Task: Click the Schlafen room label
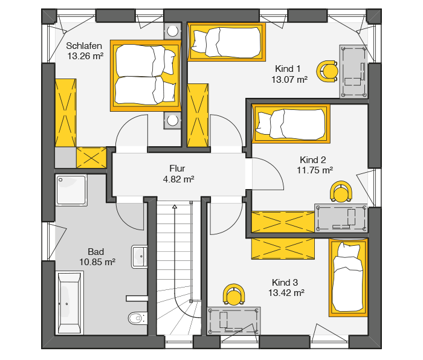84,45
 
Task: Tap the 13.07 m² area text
289,80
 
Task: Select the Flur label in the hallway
177,169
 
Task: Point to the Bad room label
95,252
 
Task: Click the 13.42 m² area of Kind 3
286,292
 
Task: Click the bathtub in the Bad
69,303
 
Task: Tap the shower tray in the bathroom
71,190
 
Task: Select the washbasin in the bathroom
139,257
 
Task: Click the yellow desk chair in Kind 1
328,71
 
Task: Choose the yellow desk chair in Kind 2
341,191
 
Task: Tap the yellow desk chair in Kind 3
234,294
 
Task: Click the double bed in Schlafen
146,76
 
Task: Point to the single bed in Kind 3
348,277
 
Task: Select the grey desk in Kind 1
354,71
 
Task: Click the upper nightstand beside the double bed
173,31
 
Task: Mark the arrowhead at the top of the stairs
175,207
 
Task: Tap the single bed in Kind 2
291,124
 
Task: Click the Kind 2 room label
313,159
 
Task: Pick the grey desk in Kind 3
234,321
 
